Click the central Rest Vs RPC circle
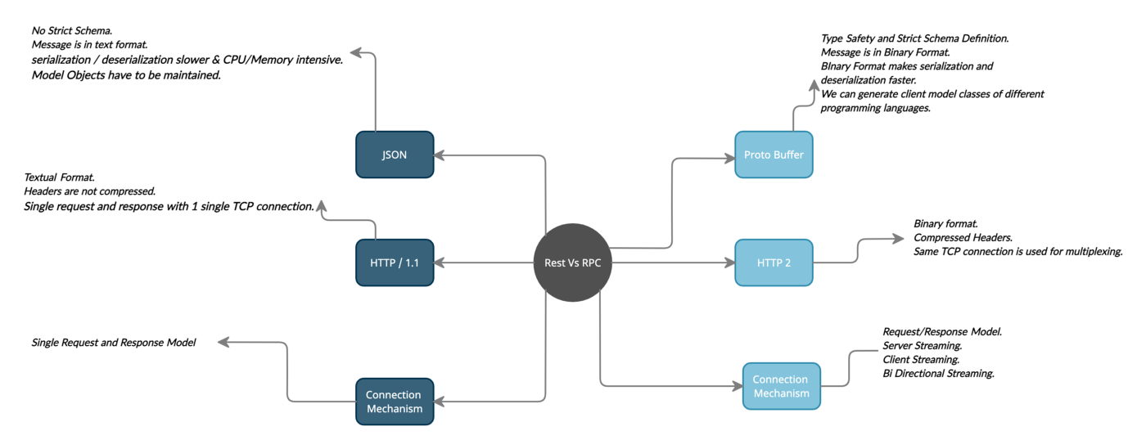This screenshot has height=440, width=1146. (x=572, y=263)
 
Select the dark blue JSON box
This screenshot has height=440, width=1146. (x=395, y=155)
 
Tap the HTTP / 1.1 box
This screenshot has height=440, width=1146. (x=395, y=263)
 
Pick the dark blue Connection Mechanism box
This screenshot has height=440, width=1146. (x=395, y=401)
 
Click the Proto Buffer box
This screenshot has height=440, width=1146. (x=774, y=155)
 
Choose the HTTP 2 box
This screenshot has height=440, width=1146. (x=774, y=263)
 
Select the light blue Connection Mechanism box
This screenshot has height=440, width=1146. (x=780, y=386)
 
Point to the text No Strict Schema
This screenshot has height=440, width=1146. (x=73, y=30)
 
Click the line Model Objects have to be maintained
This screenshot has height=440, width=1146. (x=126, y=75)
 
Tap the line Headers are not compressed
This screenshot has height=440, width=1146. (x=90, y=191)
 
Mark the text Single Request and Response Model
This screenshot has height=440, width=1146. (x=114, y=343)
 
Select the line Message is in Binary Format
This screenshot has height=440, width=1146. (x=885, y=52)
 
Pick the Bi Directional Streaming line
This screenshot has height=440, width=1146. (x=938, y=373)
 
